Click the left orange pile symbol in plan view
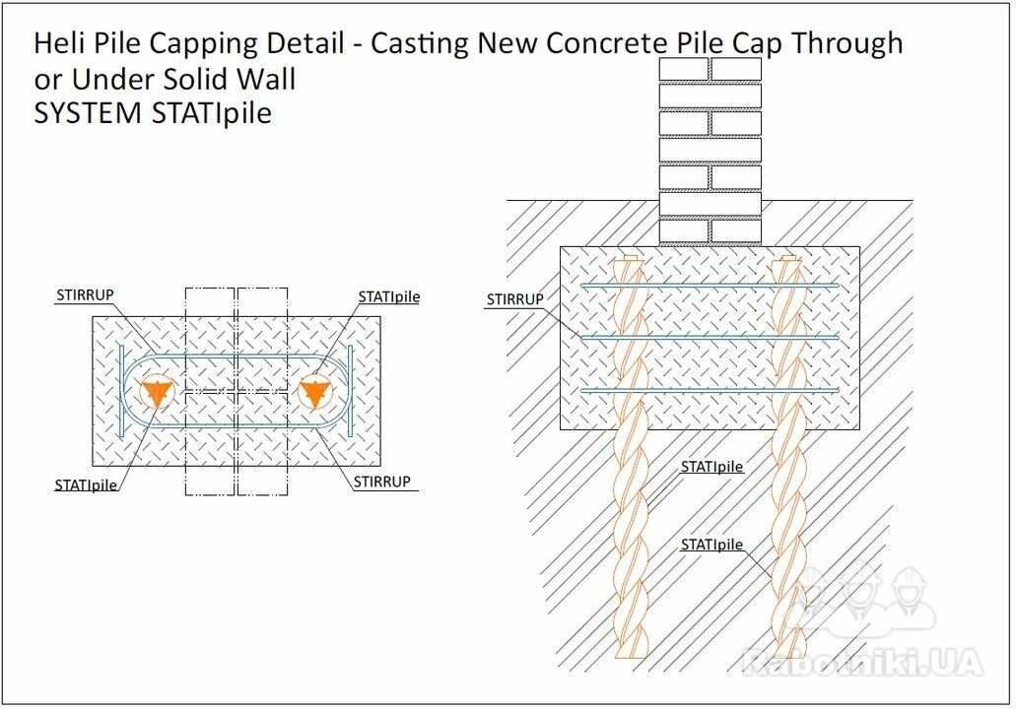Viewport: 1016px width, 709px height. click(x=157, y=392)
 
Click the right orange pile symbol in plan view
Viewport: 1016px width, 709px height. click(x=315, y=392)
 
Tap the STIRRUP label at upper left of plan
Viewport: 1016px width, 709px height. click(x=85, y=295)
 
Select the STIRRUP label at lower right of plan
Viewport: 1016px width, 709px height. click(x=381, y=482)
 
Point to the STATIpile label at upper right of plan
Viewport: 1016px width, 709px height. click(x=389, y=296)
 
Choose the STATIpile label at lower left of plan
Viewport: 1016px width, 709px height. click(x=86, y=484)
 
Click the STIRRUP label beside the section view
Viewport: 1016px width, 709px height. click(x=515, y=299)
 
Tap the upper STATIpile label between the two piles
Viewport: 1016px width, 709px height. click(x=711, y=467)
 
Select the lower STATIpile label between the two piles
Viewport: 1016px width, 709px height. click(x=711, y=545)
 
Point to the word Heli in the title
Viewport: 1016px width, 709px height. click(x=56, y=43)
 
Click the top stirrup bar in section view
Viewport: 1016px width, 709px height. click(x=711, y=285)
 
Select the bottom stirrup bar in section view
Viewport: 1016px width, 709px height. click(x=711, y=390)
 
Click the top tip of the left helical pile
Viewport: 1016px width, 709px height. click(x=630, y=258)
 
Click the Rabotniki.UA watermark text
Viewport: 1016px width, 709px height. click(x=862, y=662)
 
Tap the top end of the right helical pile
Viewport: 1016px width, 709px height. click(x=788, y=258)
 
